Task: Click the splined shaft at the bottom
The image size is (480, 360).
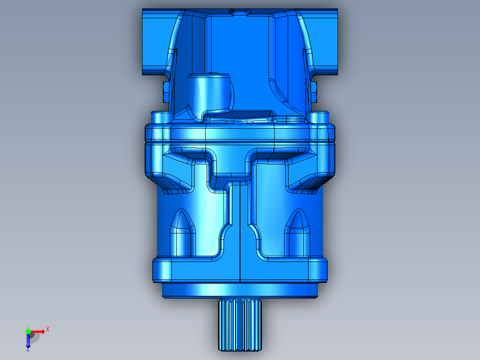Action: [240, 325]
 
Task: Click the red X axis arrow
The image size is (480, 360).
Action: [38, 331]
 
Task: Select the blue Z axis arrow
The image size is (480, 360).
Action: [28, 340]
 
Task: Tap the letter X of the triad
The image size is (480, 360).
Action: [48, 330]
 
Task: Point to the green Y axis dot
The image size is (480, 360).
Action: [28, 331]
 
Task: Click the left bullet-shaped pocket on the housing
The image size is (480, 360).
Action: [183, 233]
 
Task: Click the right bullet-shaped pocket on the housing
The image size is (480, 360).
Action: [297, 233]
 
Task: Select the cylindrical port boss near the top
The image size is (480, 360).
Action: [209, 92]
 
